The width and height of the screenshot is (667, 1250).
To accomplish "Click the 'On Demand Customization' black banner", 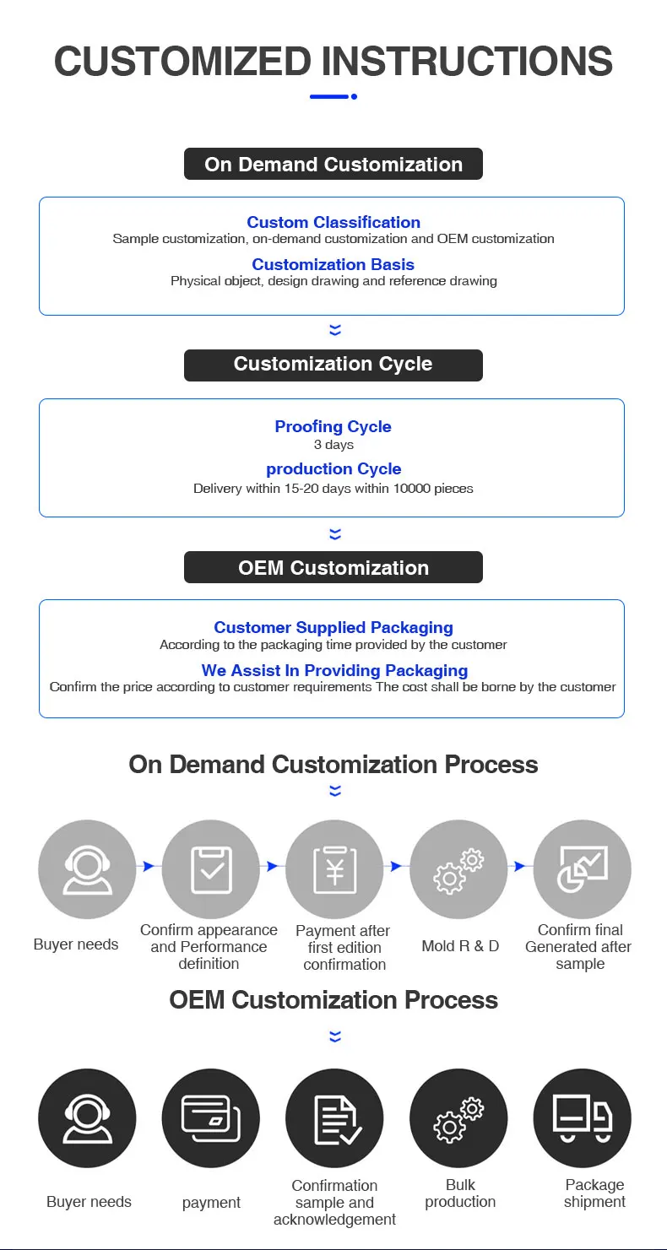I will pos(333,164).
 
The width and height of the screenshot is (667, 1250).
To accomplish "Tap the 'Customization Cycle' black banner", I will pos(333,365).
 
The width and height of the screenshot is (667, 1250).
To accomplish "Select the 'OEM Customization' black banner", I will pos(333,567).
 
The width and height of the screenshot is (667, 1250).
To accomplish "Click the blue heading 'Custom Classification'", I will pos(333,222).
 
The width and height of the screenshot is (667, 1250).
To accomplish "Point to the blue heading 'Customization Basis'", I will pos(333,264).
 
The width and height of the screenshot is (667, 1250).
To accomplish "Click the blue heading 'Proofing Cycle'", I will pos(333,426).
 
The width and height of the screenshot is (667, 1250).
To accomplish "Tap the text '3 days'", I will pos(333,445).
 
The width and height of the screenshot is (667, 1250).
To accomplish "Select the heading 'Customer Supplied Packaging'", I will pos(333,627).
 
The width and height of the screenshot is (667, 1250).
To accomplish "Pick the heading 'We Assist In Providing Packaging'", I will pos(334,670).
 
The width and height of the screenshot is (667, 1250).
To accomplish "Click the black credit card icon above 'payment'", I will pos(211,1118).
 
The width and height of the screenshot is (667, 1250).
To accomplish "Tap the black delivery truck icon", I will pos(583,1118).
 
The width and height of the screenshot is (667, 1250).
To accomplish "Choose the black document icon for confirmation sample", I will pos(335,1118).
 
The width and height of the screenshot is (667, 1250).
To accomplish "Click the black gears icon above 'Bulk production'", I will pos(458,1118).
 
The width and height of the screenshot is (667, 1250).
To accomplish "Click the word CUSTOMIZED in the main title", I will pos(182,62).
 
